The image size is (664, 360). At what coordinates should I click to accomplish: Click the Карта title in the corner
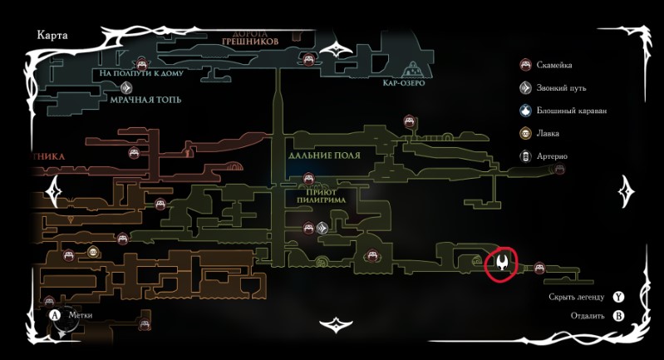[x=53, y=36]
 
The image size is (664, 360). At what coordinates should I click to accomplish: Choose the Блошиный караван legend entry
[x=572, y=110]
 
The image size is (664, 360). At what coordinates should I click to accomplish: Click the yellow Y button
[x=618, y=296]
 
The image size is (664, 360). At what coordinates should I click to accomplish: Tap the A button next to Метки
[x=56, y=315]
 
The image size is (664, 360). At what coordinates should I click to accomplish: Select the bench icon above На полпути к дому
[x=141, y=62]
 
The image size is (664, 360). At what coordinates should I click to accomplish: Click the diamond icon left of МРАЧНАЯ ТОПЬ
[x=126, y=87]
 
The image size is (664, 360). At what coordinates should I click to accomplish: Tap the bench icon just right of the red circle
[x=539, y=267]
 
